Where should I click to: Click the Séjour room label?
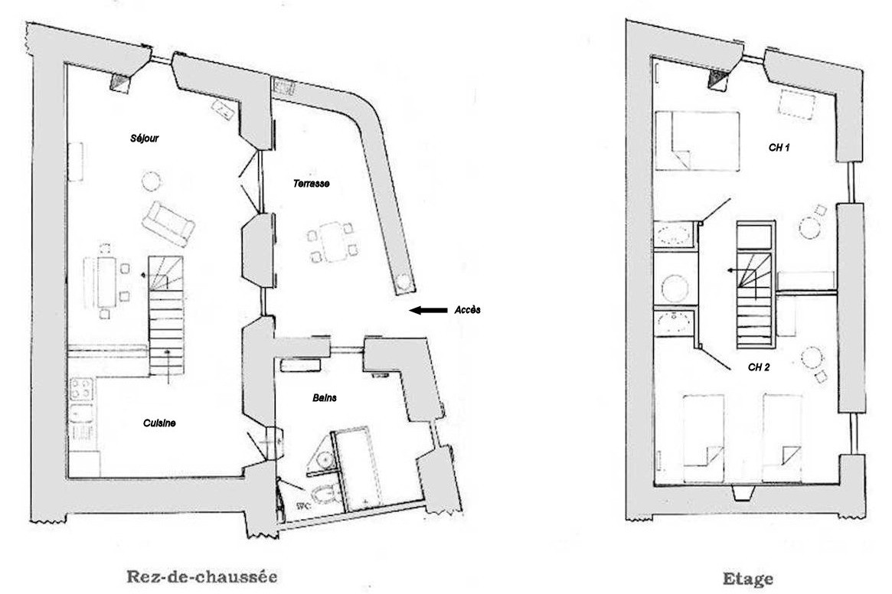point(145,139)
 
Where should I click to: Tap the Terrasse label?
point(311,183)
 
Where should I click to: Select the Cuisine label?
point(159,423)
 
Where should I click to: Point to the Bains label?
point(325,397)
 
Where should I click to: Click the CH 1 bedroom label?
point(779,148)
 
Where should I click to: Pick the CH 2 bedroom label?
point(759,367)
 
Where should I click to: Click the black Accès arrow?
point(429,310)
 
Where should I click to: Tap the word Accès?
point(467,309)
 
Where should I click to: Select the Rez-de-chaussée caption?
point(202,577)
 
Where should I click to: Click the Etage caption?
point(748,579)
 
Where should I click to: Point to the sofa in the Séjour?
point(168,224)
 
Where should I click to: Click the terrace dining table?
point(333,242)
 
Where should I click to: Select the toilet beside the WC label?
point(325,495)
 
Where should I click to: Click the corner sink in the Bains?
point(323,457)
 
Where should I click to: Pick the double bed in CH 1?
point(697,141)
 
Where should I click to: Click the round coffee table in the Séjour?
point(152,181)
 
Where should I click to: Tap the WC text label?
point(303,505)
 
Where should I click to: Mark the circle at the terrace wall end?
point(404,282)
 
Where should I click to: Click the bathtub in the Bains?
point(358,468)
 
